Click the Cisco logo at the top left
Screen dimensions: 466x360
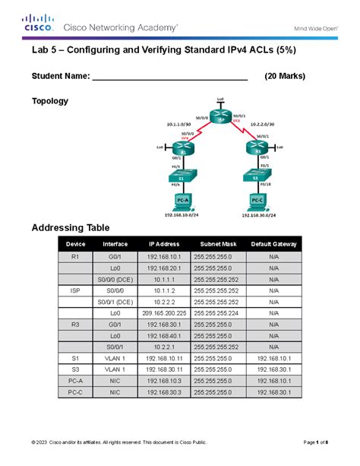[38, 24]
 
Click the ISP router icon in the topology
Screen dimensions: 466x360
[220, 118]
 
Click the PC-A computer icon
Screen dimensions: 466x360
[182, 201]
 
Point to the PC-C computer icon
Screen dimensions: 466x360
[258, 202]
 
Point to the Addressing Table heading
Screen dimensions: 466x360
[71, 227]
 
